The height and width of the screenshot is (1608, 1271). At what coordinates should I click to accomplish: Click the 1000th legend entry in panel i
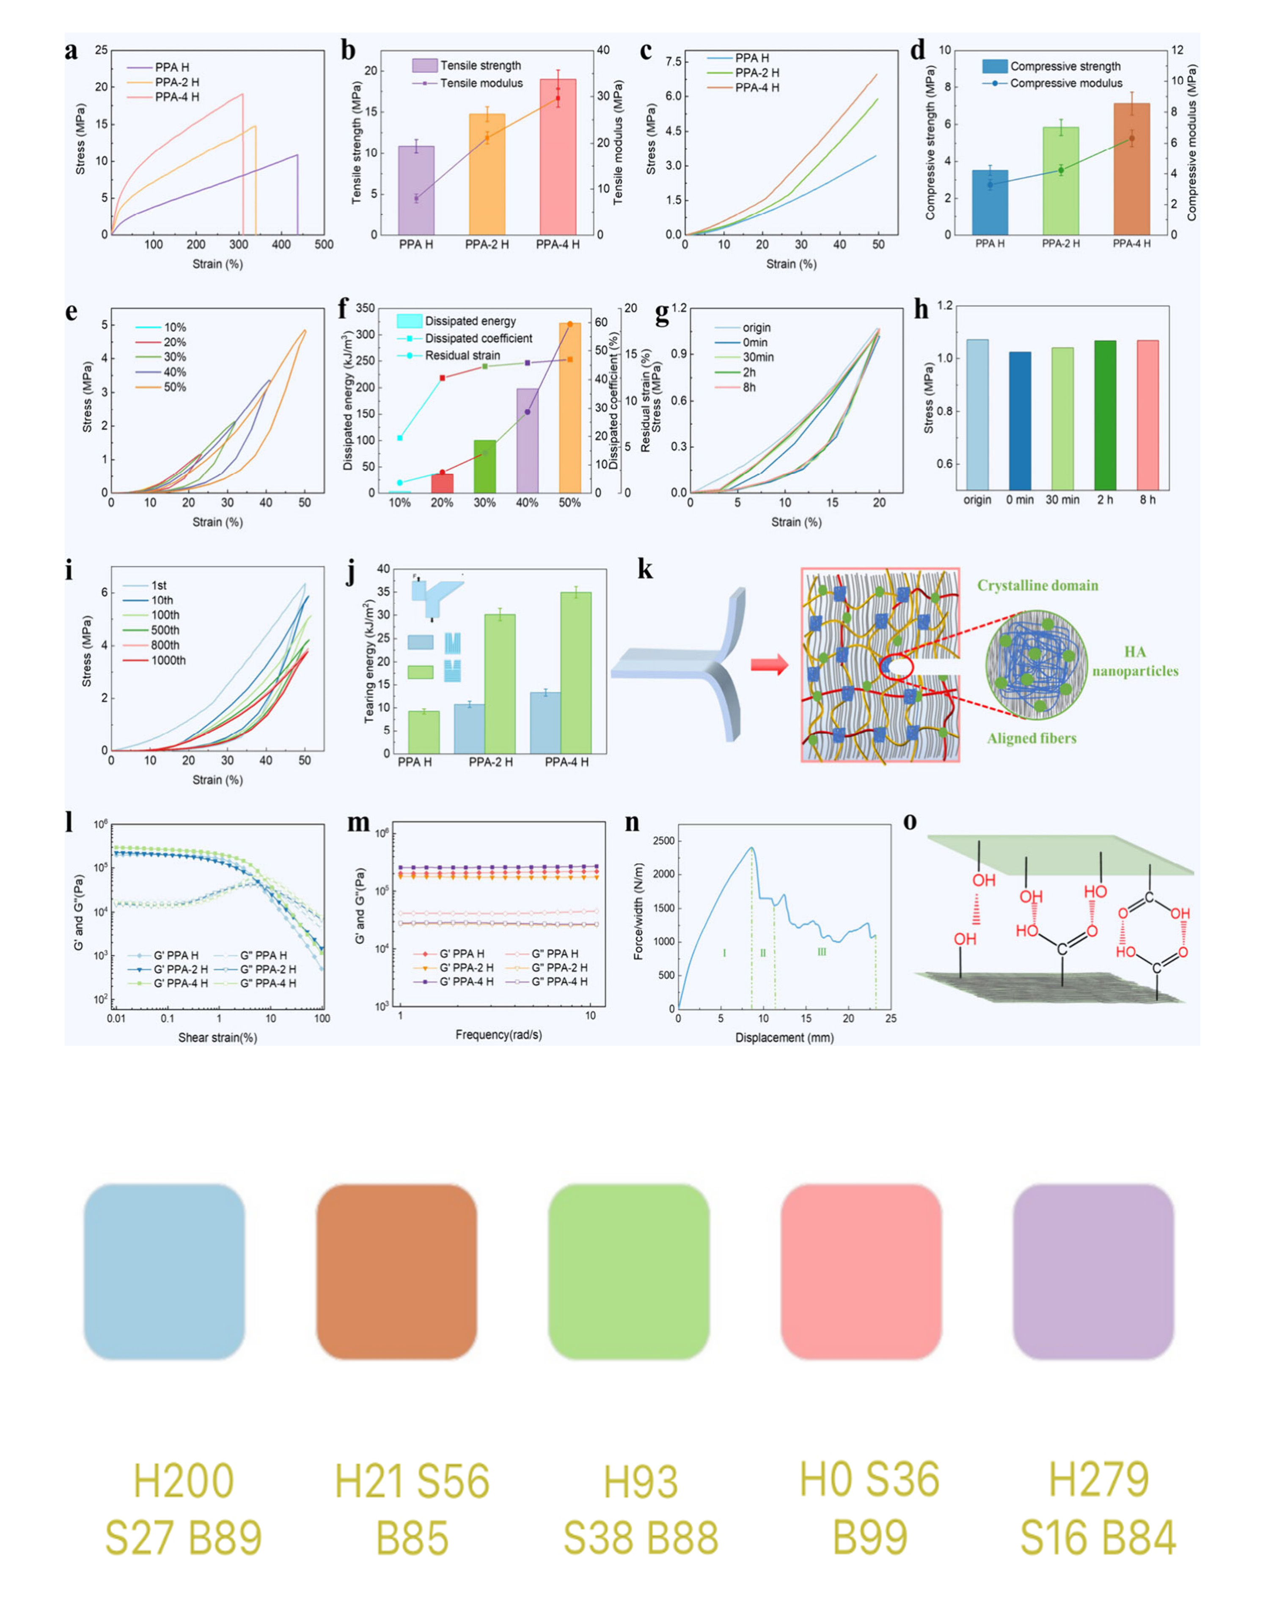tap(168, 660)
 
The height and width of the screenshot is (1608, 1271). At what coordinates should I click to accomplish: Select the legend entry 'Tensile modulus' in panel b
tap(481, 83)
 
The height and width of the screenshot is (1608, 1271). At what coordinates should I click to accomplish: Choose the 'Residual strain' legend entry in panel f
tap(462, 356)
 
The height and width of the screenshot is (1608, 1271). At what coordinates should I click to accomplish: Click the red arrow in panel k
tap(769, 665)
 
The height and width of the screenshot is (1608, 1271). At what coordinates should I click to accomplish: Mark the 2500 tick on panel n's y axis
tap(665, 841)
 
